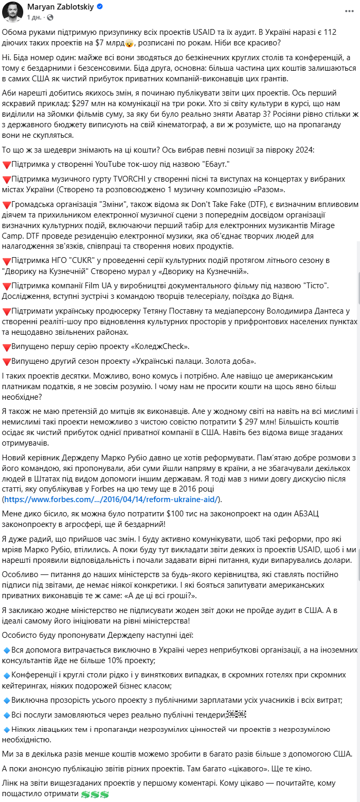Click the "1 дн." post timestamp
point(33,17)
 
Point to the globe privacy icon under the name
point(50,17)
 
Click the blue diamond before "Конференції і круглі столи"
point(6,675)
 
